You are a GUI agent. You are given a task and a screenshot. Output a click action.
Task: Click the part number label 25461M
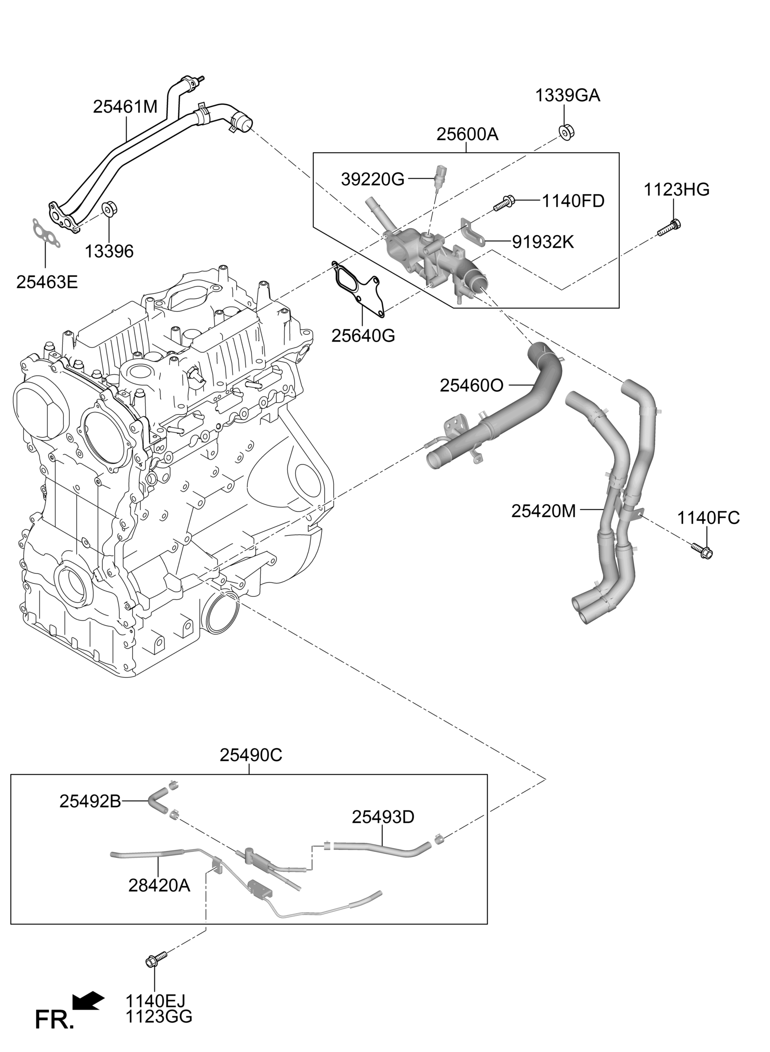click(125, 107)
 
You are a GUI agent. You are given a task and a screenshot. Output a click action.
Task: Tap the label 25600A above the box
click(467, 135)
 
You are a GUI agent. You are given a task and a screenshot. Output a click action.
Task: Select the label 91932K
click(543, 242)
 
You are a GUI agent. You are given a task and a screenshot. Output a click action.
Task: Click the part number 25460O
click(471, 385)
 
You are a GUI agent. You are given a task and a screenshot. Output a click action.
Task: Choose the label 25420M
click(544, 511)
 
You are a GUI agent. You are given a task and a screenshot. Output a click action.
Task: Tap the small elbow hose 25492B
click(157, 801)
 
